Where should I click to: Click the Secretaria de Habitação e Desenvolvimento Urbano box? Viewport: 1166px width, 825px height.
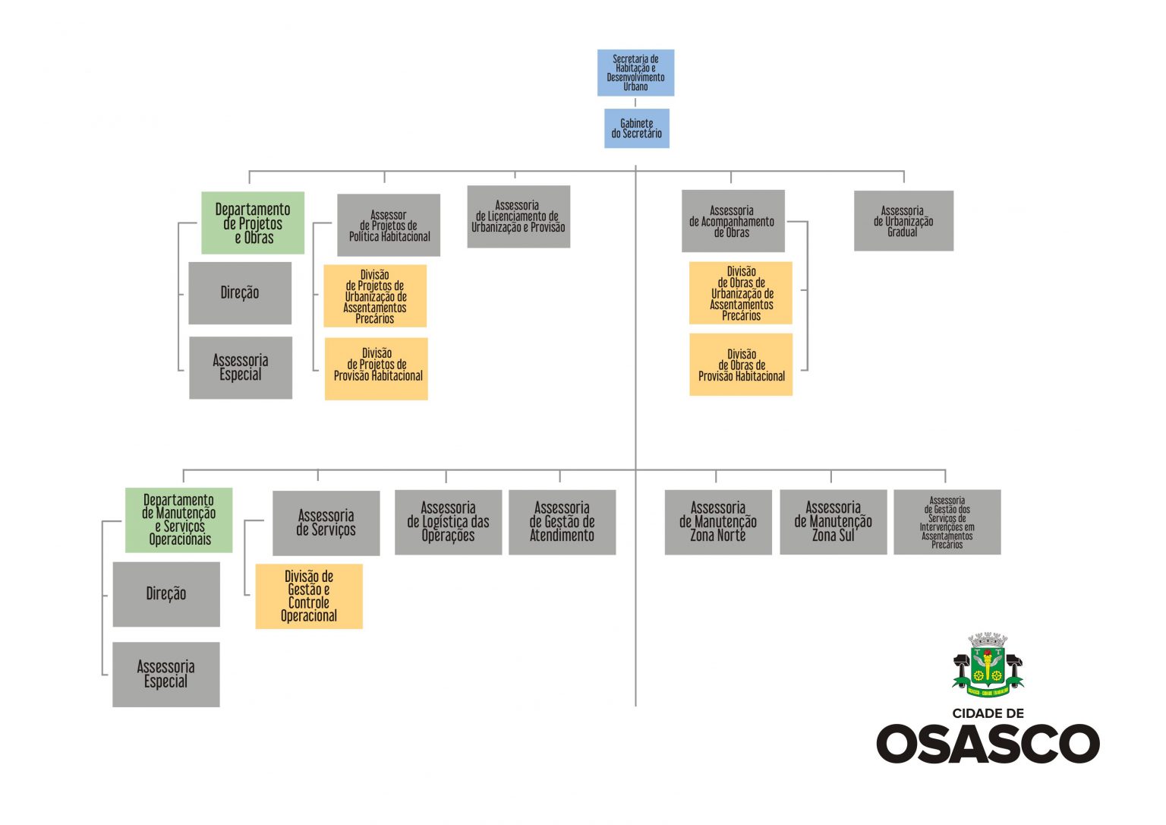tap(635, 73)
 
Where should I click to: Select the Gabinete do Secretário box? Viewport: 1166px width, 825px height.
tap(637, 128)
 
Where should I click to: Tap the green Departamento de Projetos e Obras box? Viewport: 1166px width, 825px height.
tap(253, 223)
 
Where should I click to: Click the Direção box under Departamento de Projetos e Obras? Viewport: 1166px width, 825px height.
tap(240, 293)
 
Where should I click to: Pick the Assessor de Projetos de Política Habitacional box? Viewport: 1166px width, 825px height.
tap(389, 226)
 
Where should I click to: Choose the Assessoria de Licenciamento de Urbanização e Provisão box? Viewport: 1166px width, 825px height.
tap(518, 217)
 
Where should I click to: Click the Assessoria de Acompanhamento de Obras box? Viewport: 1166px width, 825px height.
tap(733, 221)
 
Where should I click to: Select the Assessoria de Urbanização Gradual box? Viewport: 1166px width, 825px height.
tap(903, 221)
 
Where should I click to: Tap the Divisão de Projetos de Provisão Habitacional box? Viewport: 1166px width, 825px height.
tap(377, 368)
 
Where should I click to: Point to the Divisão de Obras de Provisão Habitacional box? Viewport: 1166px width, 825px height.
tap(741, 365)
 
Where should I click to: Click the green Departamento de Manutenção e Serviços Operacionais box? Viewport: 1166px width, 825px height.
tap(179, 520)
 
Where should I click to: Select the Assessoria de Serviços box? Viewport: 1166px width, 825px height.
tap(326, 523)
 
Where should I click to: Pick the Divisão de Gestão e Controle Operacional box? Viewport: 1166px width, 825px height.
tap(309, 596)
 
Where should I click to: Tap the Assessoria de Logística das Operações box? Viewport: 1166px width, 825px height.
tap(448, 522)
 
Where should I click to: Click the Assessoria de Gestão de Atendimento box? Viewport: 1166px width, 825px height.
tap(562, 522)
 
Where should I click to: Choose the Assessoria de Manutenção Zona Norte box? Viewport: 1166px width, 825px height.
tap(718, 522)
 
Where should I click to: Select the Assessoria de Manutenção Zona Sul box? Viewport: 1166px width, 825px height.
tap(833, 522)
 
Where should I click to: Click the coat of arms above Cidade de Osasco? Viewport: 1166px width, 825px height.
tap(988, 664)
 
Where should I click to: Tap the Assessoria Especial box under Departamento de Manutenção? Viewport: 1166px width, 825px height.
tap(166, 675)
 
